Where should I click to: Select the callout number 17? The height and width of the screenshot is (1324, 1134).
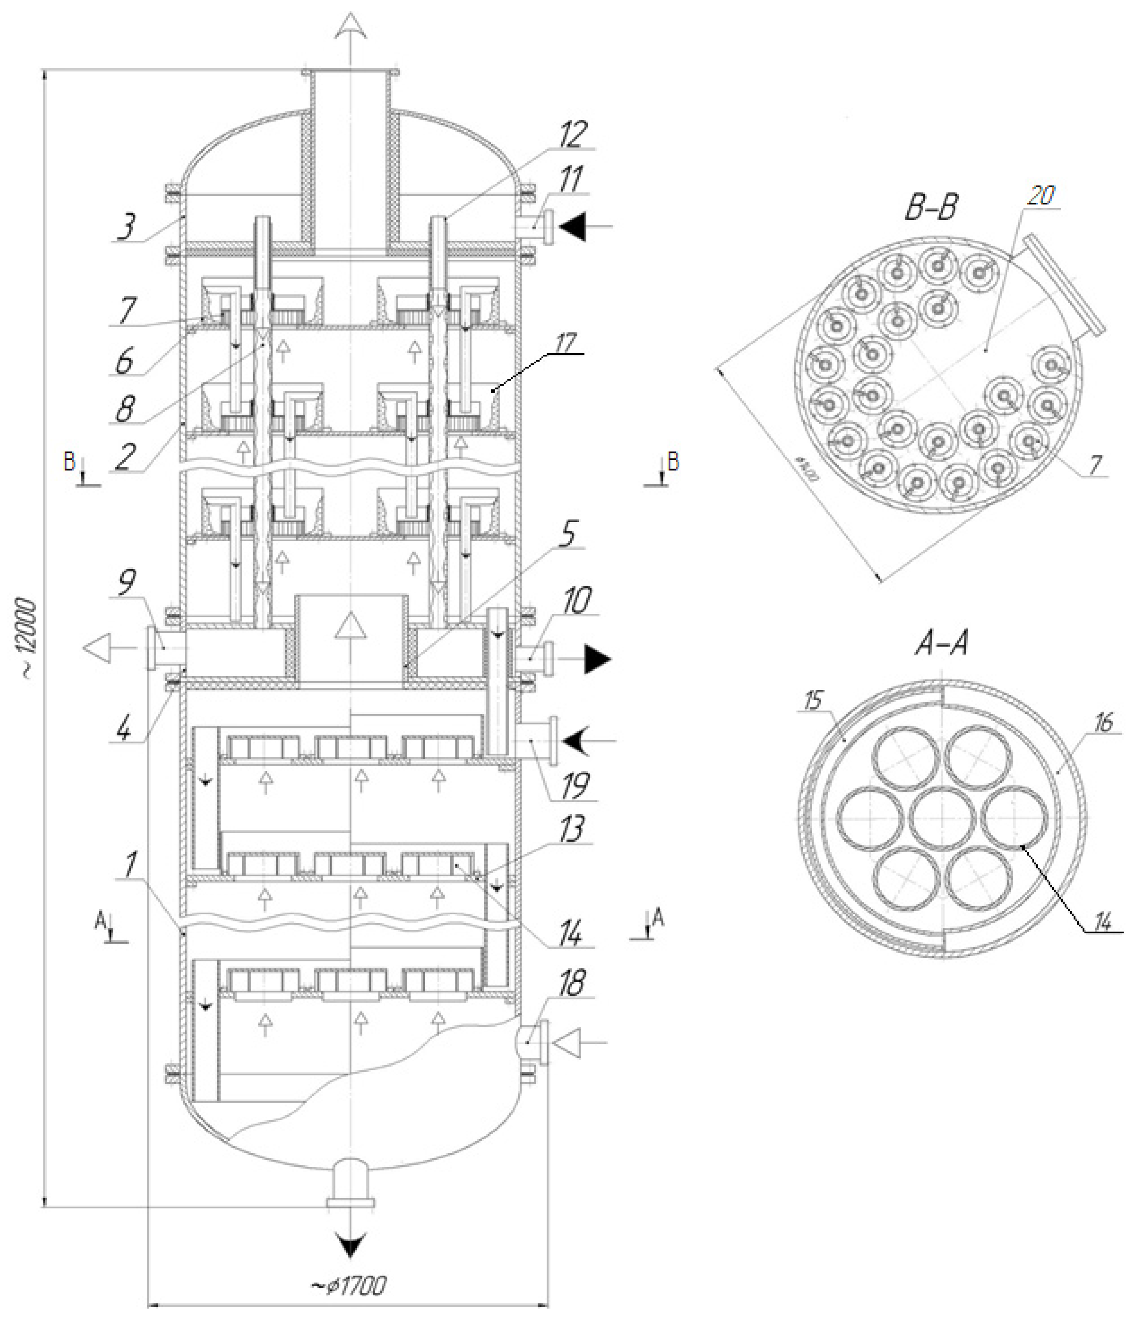[566, 343]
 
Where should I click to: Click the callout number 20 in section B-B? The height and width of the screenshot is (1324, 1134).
[1040, 195]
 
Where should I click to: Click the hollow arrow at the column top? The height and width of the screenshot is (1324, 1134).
[350, 29]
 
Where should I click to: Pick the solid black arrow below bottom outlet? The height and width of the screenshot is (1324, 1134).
[350, 1243]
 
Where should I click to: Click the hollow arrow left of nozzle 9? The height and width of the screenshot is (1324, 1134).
[99, 648]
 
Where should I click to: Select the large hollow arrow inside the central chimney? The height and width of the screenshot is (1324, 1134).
[350, 624]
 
